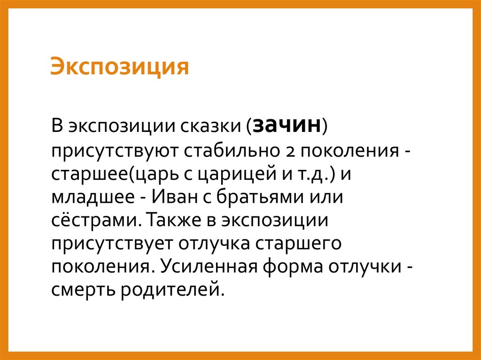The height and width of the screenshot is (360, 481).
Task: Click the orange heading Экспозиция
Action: (120, 67)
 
